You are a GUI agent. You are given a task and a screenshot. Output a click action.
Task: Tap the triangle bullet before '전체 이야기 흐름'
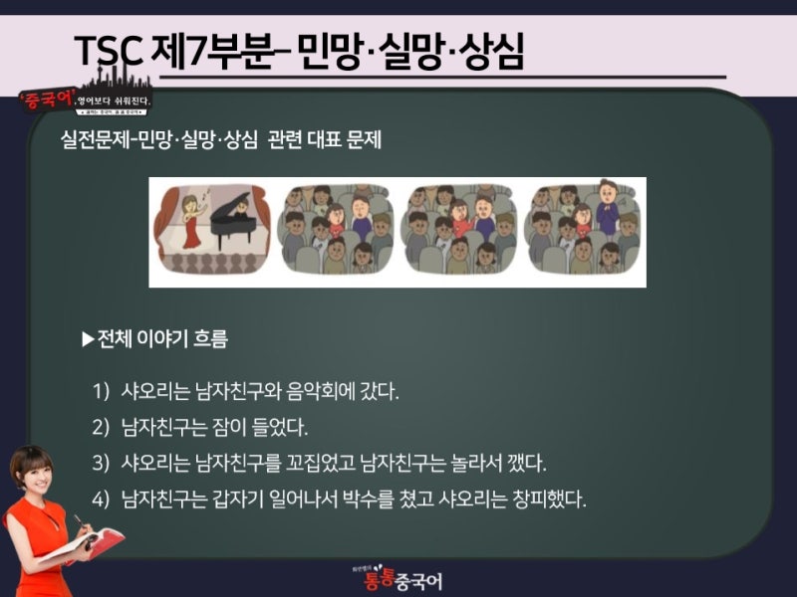click(x=88, y=339)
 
